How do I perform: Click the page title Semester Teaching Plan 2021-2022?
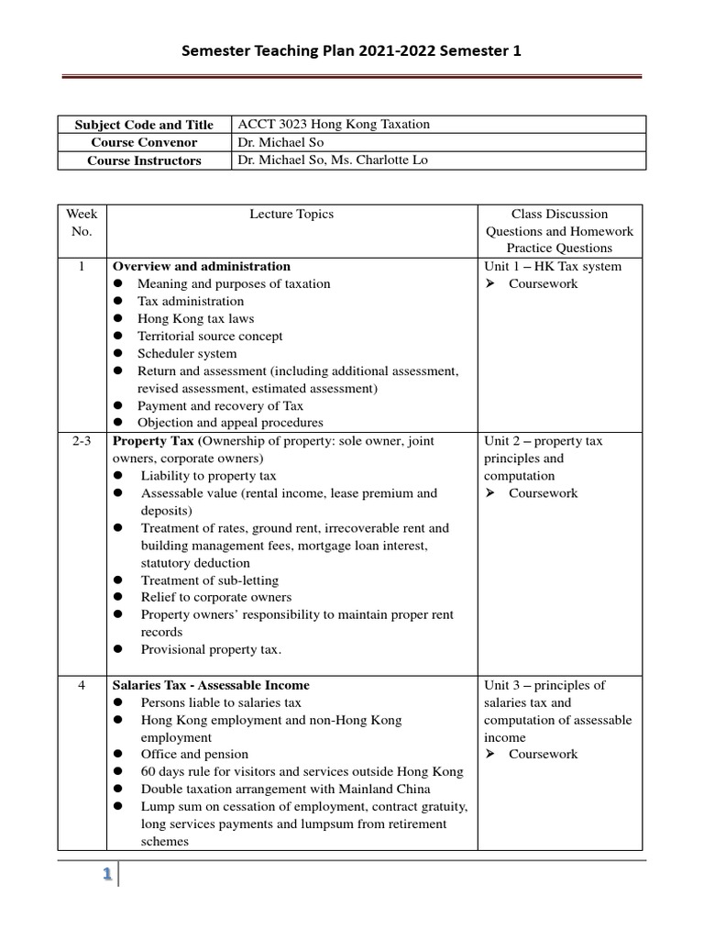352,52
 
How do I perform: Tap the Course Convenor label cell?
144,143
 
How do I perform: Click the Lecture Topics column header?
291,214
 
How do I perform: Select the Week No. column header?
82,222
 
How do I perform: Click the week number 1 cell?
82,267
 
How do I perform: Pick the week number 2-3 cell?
82,441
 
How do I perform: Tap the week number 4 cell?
82,685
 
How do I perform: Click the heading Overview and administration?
201,267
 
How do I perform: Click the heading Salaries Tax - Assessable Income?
211,685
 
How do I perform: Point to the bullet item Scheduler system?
187,353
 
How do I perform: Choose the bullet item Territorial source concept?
210,337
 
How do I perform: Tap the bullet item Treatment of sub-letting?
210,580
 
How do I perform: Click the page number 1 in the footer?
106,875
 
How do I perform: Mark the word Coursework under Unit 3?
544,755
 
